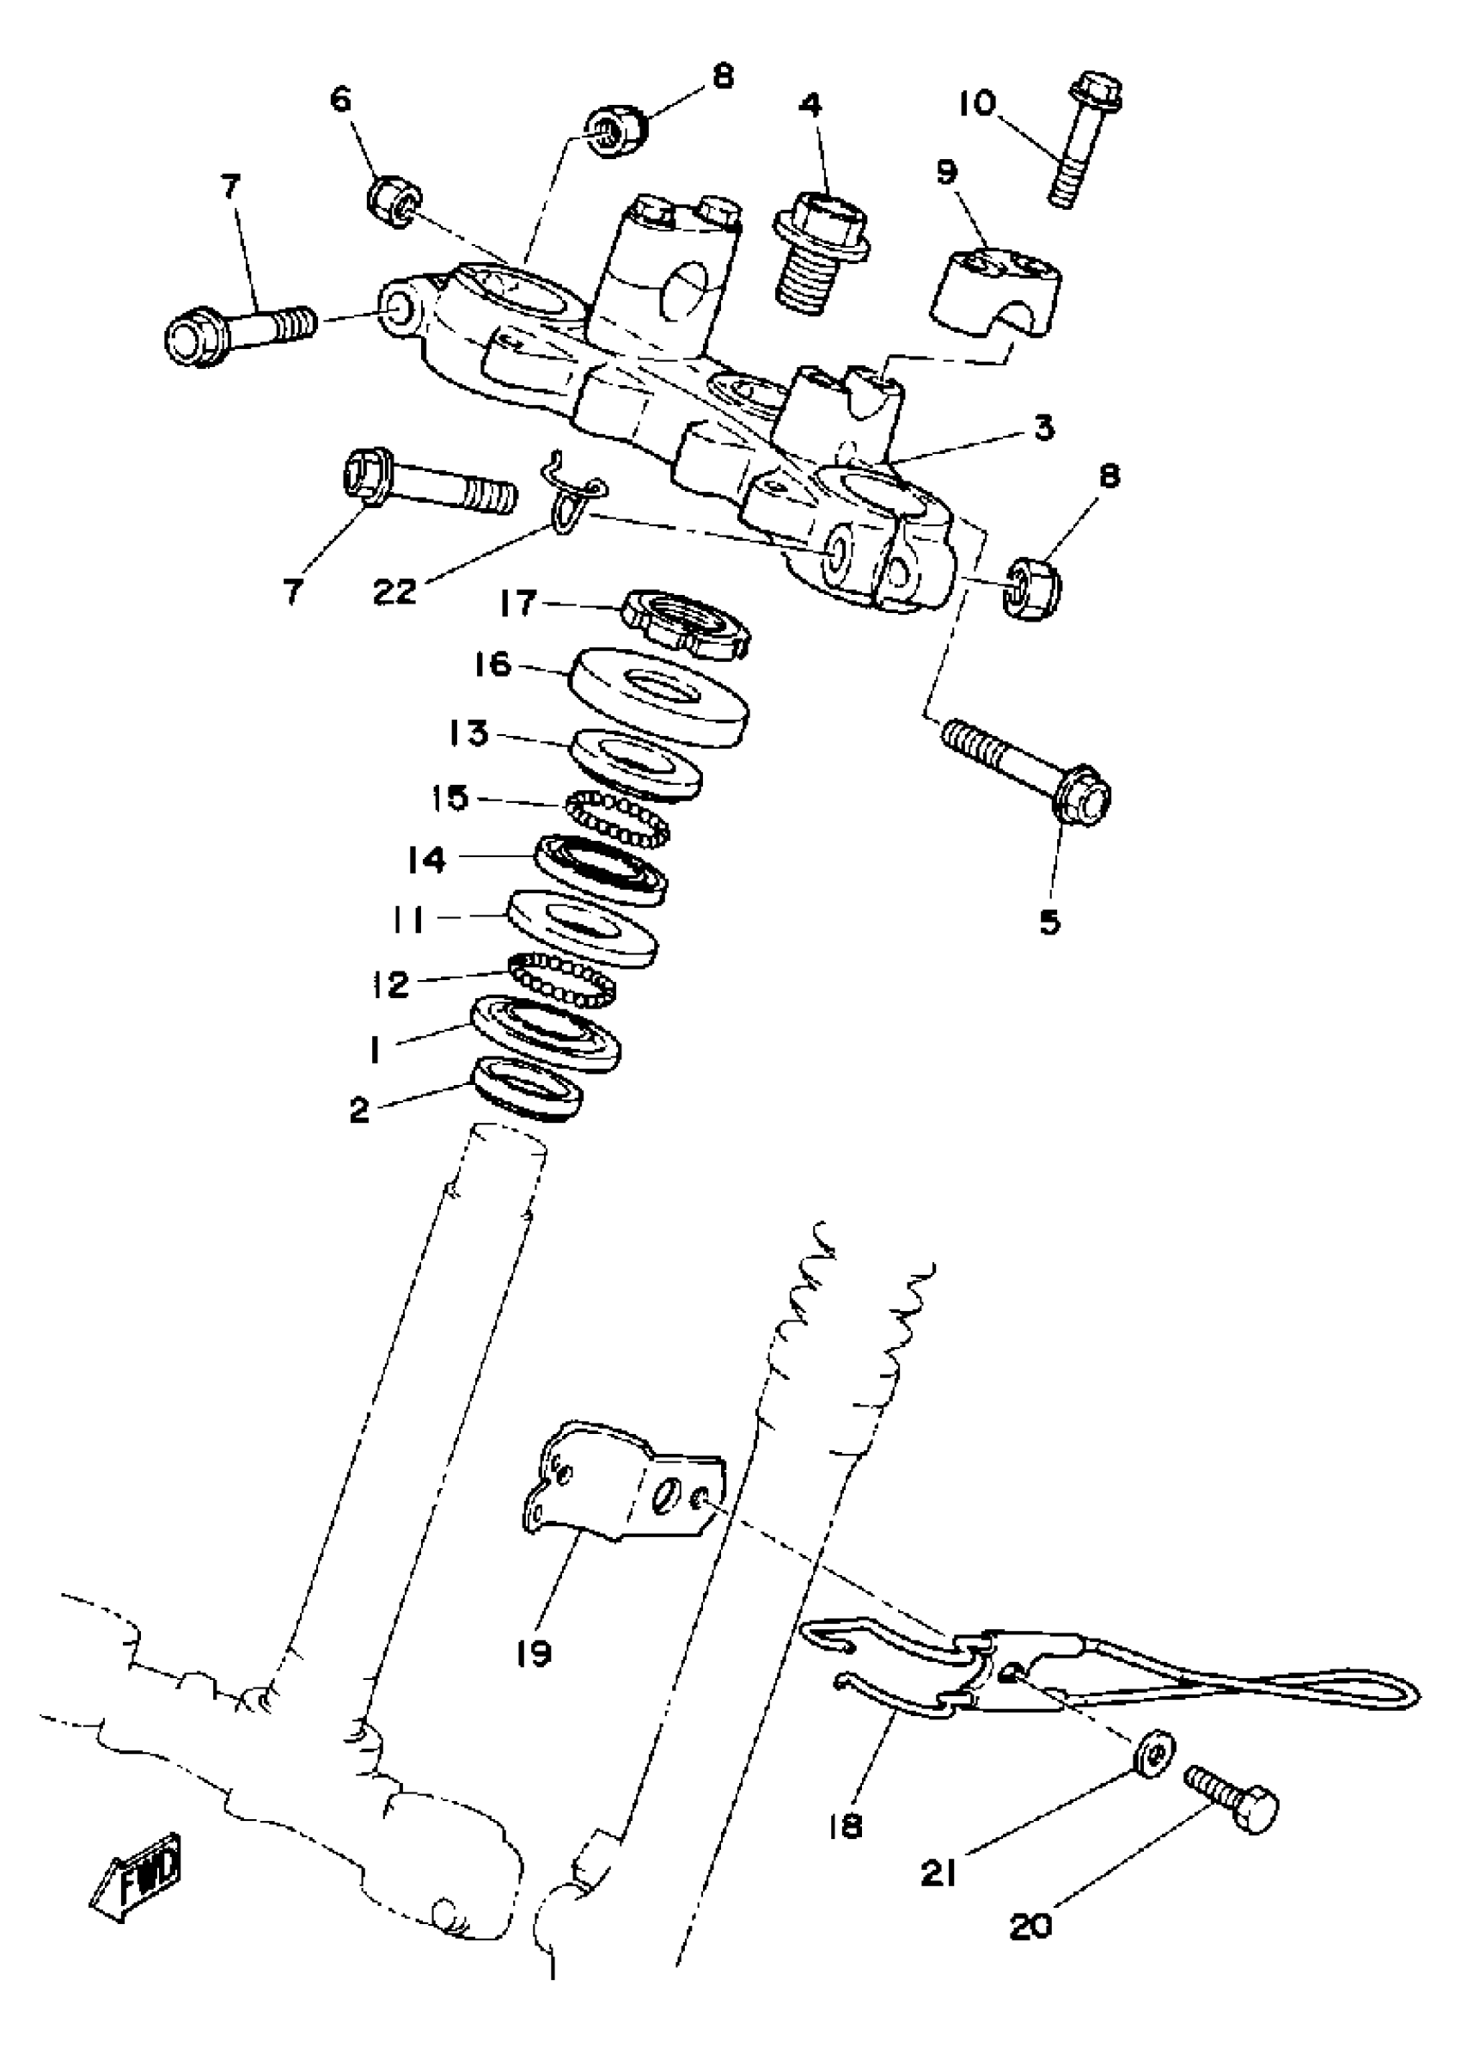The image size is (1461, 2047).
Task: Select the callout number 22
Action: (395, 591)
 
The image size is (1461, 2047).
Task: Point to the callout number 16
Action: (493, 665)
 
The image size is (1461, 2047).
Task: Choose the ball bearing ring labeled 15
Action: (618, 816)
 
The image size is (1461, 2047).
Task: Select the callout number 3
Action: (1043, 428)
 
